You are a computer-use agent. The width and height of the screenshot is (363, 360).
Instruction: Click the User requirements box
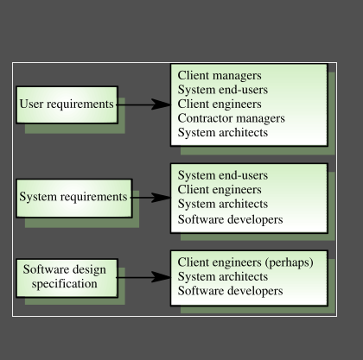coord(67,104)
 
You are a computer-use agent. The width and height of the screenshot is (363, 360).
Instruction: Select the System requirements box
coord(73,197)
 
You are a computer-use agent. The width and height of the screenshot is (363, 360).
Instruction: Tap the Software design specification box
coord(65,277)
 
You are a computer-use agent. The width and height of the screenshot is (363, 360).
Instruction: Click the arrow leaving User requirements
coord(143,104)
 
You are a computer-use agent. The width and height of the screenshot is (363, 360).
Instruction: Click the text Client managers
coord(220,75)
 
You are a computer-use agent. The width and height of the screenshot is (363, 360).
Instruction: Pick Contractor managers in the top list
coord(231,118)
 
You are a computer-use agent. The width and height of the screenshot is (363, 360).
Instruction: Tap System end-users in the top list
coord(222,90)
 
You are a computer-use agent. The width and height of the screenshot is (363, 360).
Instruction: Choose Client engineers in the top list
coord(220,104)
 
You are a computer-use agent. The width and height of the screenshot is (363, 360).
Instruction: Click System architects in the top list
coord(222,133)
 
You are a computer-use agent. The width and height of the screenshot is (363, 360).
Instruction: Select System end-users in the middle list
coord(222,175)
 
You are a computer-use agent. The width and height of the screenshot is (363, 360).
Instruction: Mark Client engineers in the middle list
coord(220,189)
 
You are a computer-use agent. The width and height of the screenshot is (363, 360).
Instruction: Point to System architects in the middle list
coord(222,205)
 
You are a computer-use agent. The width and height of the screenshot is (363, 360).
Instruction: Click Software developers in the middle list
coord(230,219)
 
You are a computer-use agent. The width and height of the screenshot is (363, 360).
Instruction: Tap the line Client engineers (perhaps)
coord(245,262)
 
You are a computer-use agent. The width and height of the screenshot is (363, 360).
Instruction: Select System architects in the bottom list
coord(222,277)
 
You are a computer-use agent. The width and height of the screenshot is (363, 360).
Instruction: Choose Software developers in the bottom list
coord(230,291)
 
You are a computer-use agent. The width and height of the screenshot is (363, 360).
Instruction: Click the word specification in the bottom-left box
coord(65,284)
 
